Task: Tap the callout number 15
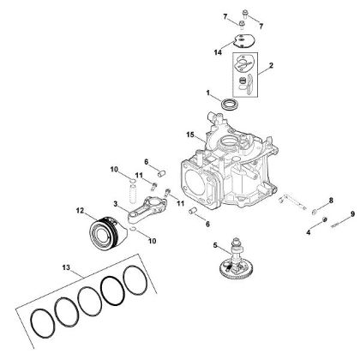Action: pos(191,135)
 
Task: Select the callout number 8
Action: pos(331,200)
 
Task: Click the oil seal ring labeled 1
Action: pos(230,104)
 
